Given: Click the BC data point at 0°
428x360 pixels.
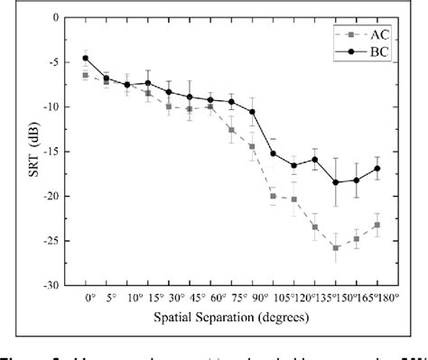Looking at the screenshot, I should (86, 58).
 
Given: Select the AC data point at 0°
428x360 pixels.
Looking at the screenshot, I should (86, 76).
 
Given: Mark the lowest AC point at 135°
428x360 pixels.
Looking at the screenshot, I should (335, 247).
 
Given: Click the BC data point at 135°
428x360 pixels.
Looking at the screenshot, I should (335, 182).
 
